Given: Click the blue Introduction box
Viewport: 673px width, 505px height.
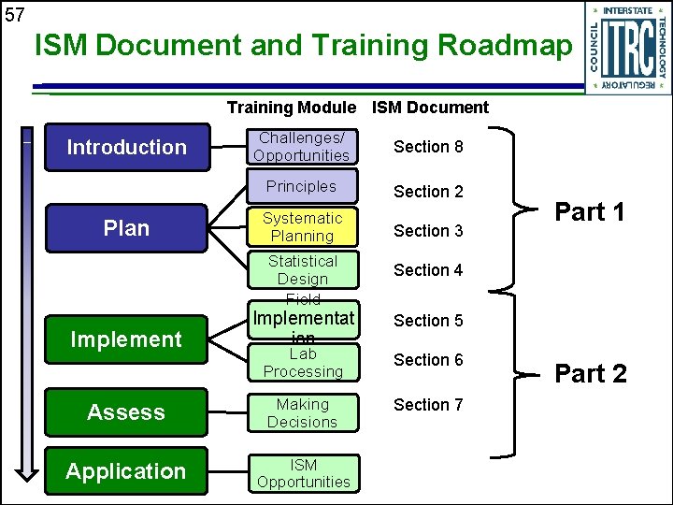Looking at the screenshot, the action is (x=126, y=147).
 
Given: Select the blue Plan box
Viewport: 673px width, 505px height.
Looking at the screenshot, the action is (x=126, y=228).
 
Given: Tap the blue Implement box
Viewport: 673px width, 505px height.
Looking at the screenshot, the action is (x=126, y=339).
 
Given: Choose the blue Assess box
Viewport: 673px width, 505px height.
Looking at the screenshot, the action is (x=126, y=412).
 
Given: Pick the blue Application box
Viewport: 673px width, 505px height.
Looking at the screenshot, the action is (x=126, y=471).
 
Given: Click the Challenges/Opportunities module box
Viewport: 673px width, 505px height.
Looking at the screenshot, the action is (x=301, y=147).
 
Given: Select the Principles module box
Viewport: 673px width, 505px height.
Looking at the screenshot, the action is (x=301, y=186).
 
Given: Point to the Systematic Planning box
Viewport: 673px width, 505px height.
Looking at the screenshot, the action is (x=301, y=227).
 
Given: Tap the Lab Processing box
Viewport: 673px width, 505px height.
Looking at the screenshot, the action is (x=301, y=363).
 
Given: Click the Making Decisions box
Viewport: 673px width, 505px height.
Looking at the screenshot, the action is (x=301, y=413).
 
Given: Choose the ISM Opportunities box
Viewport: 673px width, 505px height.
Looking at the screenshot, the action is (x=303, y=473).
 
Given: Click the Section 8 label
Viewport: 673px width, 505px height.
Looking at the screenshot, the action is (x=428, y=147).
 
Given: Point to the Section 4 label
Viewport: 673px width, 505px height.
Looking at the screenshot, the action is (x=428, y=270).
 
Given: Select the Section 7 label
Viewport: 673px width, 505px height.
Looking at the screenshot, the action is (x=428, y=405).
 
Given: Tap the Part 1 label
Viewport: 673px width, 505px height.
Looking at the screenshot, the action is (x=590, y=212).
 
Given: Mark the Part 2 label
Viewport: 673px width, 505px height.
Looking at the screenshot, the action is (x=591, y=374).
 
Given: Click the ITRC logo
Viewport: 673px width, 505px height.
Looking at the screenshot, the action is (x=626, y=48).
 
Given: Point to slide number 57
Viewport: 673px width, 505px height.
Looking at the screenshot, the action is (x=14, y=15).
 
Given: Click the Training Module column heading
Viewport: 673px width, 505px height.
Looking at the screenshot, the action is (x=291, y=108).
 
